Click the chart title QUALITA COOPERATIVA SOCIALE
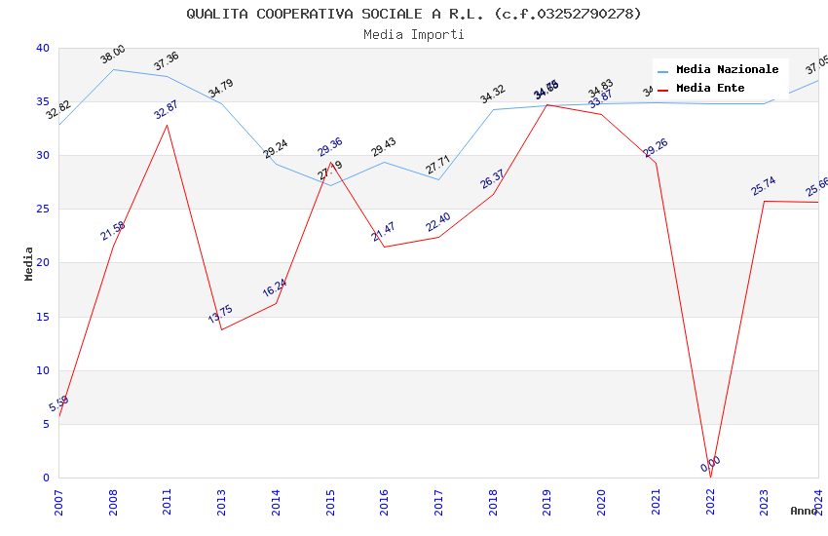tap(414, 14)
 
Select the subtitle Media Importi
tap(414, 34)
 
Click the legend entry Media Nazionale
tap(727, 70)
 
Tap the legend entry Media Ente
tap(710, 89)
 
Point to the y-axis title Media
tap(29, 263)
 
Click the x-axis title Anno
tap(804, 511)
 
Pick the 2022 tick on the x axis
tap(710, 498)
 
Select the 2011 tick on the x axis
tap(168, 498)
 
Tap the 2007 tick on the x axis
tap(58, 498)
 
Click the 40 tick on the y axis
tap(42, 49)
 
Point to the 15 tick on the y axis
tap(42, 317)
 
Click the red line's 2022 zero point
tap(710, 478)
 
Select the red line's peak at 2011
tap(168, 125)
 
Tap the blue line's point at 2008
tap(113, 69)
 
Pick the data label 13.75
tap(220, 314)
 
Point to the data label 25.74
tap(764, 186)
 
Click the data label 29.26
tap(656, 147)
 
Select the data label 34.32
tap(493, 94)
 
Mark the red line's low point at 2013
tap(222, 329)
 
